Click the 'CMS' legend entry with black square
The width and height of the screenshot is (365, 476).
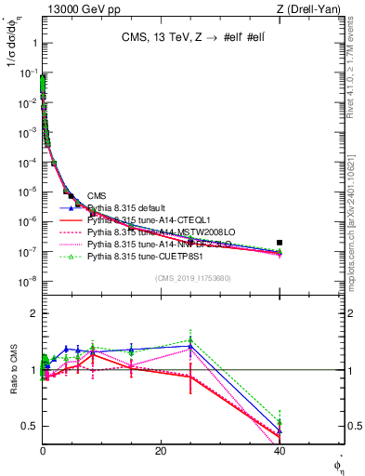[x=97, y=195]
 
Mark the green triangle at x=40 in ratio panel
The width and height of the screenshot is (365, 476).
[x=280, y=422]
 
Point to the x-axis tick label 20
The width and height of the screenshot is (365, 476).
[x=161, y=451]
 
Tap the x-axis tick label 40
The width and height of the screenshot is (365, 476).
[x=279, y=451]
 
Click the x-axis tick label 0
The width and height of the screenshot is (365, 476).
[x=43, y=451]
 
